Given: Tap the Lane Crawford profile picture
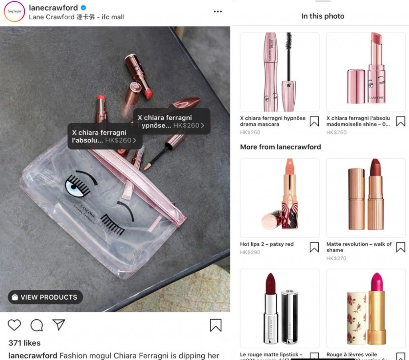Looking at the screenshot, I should tap(14, 12).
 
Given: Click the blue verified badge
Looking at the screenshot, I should tap(84, 8).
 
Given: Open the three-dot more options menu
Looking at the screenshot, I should tap(218, 12).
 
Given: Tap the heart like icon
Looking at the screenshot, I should tap(14, 325).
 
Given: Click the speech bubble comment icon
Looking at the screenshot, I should tap(37, 325).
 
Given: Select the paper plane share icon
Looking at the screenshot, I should tap(59, 324).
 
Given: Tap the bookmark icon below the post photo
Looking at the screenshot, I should tap(216, 325).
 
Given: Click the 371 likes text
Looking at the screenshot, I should tap(24, 343).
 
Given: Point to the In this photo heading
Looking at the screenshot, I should tap(323, 16).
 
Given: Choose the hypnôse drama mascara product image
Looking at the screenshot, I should tap(280, 72).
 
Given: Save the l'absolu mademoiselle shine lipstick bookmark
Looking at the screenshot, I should tap(401, 121).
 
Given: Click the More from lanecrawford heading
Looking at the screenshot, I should tap(280, 147).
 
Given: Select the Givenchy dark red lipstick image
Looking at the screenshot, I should tap(280, 308).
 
